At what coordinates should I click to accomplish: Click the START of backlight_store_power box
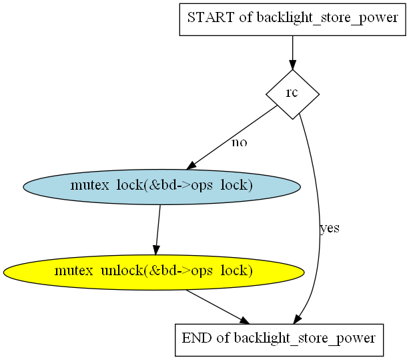(292, 19)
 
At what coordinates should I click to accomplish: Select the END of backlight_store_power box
(279, 340)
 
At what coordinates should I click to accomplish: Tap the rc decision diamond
(292, 94)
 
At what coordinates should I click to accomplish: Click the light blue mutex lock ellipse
(161, 186)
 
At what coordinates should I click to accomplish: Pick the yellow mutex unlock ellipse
(153, 273)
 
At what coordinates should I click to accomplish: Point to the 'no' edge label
(239, 142)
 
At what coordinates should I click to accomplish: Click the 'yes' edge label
(330, 228)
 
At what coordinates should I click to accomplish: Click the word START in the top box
(211, 18)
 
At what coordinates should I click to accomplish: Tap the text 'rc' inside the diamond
(292, 93)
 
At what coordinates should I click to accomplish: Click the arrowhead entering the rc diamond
(292, 65)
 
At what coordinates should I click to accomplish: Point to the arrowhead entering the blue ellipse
(191, 166)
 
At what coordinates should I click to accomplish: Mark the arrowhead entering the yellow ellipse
(156, 250)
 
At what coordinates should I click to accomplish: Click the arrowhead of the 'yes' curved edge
(298, 319)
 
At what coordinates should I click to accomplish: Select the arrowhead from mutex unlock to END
(245, 321)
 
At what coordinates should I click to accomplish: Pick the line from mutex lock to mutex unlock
(158, 230)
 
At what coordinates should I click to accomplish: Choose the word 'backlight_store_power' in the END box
(305, 339)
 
